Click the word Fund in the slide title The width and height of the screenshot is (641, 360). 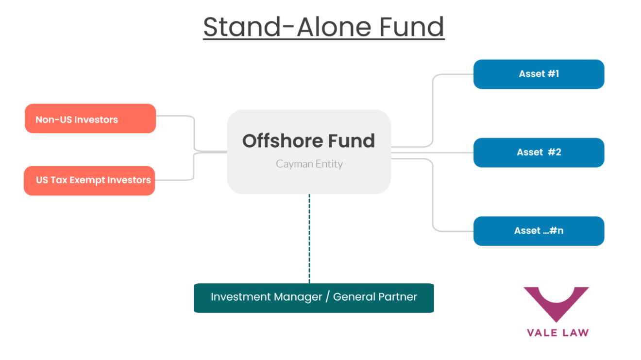pos(411,27)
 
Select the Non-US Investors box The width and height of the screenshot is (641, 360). pos(90,119)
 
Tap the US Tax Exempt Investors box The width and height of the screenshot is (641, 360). pos(89,181)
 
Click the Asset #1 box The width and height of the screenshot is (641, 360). pos(539,74)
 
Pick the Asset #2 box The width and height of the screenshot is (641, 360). pos(539,153)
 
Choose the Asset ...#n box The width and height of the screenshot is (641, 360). pos(539,231)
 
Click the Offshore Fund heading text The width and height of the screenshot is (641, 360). pos(309,141)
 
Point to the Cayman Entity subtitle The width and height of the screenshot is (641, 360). pos(309,164)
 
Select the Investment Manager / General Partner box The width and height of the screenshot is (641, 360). pos(314,297)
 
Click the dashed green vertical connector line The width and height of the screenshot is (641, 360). pos(309,238)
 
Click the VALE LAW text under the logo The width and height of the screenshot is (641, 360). pos(557,333)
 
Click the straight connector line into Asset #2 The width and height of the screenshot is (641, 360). pos(432,153)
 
